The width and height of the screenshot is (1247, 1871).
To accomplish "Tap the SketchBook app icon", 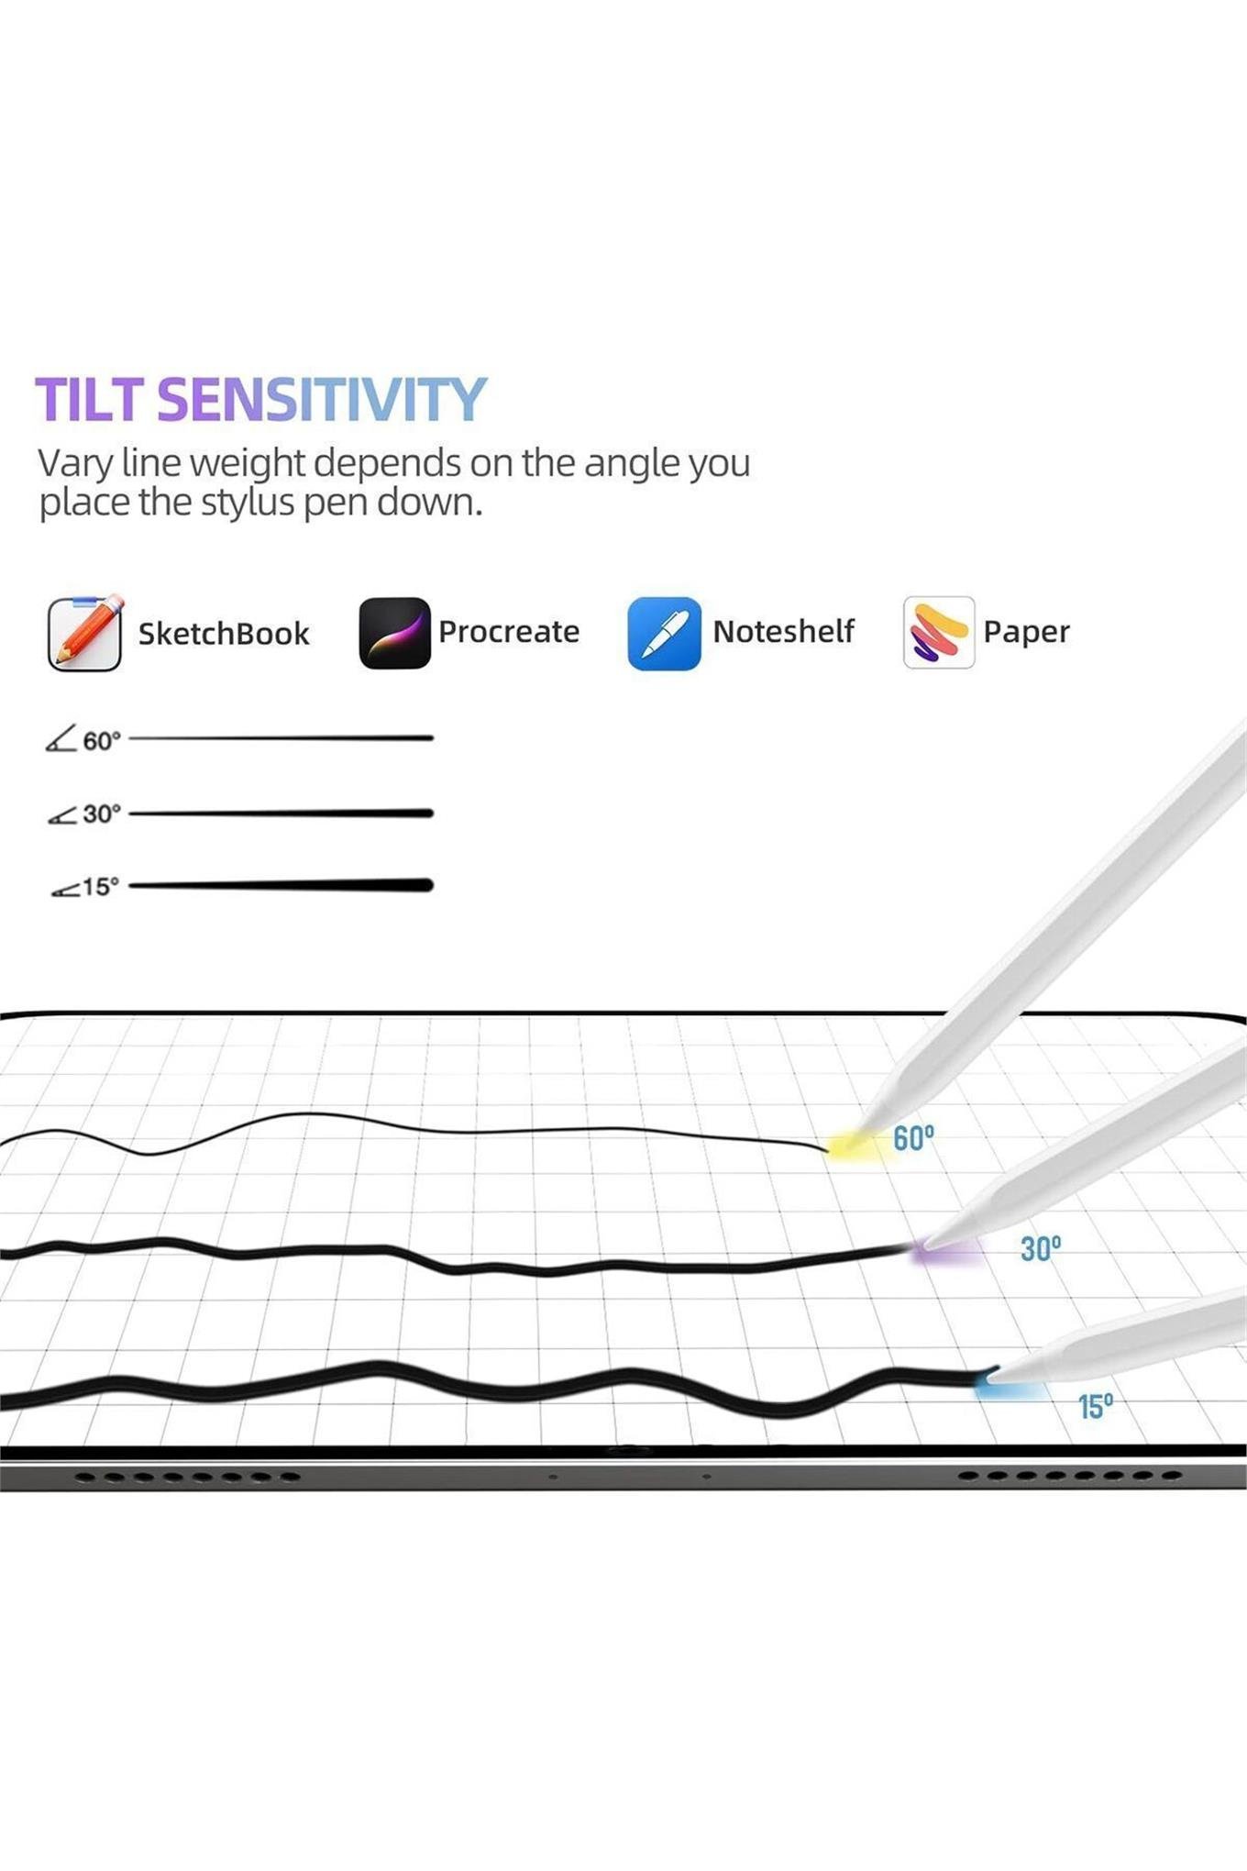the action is point(85,632).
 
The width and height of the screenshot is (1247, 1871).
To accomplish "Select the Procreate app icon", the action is point(394,632).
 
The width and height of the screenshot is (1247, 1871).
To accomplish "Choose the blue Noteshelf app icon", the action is point(664,633).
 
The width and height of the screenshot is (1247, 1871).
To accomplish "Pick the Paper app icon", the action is point(938,632).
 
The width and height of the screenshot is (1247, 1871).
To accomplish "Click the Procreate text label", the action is point(509,632).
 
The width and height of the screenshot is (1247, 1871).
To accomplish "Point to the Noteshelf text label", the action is point(783,631).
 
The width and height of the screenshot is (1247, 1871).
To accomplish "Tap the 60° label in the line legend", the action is point(102,740).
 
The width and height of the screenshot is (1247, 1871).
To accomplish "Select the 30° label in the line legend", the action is point(102,814).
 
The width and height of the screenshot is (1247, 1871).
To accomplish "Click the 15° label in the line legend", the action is point(101,887).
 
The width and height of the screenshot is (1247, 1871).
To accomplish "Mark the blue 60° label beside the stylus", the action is point(913,1138).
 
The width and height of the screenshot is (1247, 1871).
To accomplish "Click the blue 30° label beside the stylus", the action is point(1041,1248).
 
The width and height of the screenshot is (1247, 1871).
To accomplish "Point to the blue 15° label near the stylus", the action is point(1096,1406).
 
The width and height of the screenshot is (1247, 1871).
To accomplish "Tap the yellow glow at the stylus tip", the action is point(853,1146).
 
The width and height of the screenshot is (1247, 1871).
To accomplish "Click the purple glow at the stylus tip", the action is point(944,1251).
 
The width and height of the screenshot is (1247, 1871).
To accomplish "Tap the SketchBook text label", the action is point(224,634).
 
